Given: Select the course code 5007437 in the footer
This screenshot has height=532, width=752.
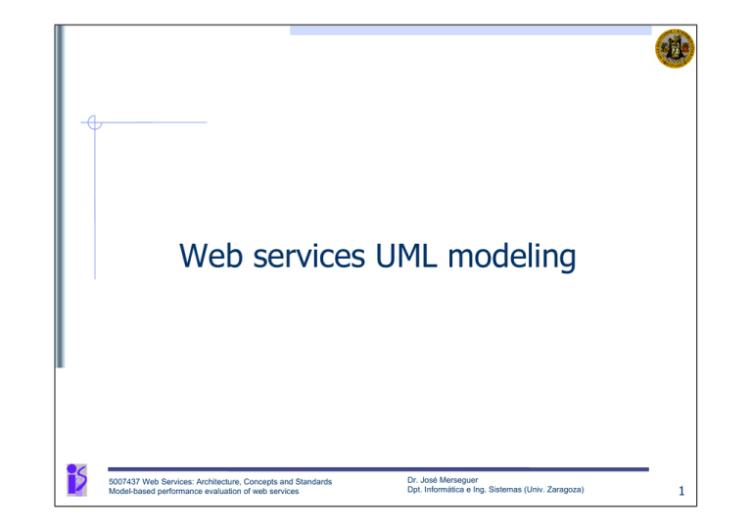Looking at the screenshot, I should click(x=129, y=481).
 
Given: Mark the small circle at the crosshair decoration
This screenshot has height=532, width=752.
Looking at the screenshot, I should click(x=94, y=122).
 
